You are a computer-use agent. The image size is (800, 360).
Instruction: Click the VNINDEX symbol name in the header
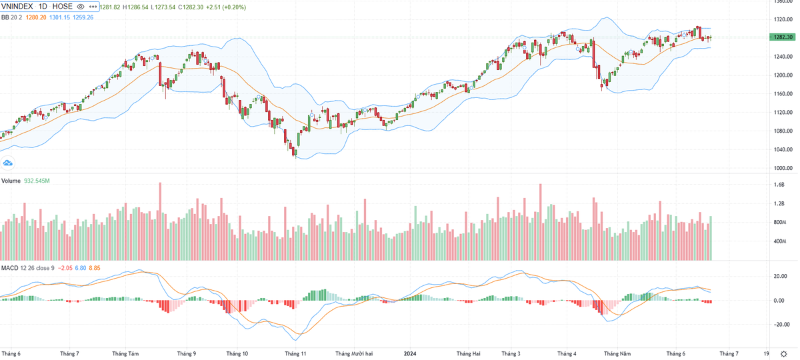point(21,7)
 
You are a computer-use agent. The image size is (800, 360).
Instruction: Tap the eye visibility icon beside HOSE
point(81,7)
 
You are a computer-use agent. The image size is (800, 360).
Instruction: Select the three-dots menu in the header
point(93,7)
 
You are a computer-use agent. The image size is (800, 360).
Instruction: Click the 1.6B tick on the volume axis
point(779,185)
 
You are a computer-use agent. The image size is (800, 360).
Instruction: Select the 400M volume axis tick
point(780,241)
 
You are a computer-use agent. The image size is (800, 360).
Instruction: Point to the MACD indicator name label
point(9,268)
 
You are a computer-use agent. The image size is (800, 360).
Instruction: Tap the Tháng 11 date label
point(295,354)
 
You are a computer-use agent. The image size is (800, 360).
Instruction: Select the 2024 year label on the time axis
point(410,354)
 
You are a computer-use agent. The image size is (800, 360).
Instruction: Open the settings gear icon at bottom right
point(783,354)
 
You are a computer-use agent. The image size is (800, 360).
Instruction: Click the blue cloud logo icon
point(9,162)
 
